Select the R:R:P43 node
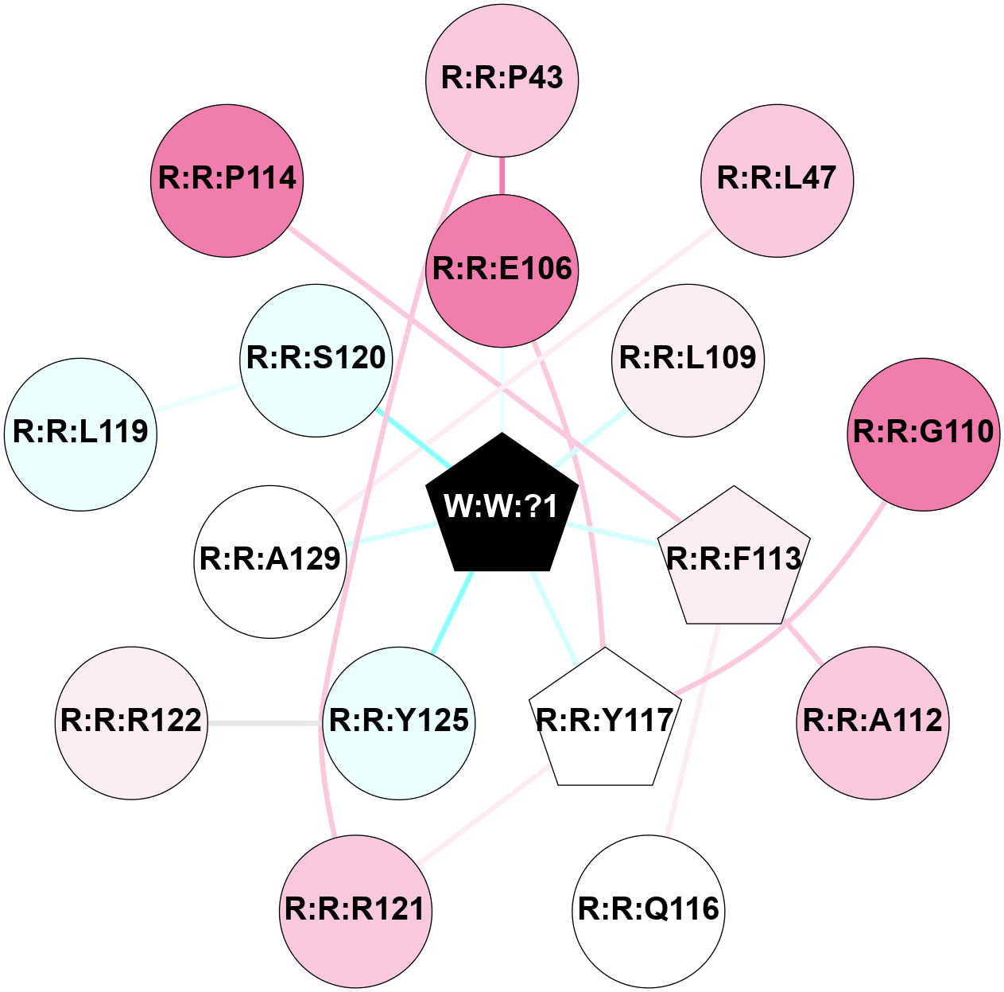point(502,80)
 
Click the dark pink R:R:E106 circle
point(502,270)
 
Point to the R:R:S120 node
point(316,360)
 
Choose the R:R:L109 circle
point(688,360)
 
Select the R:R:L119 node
point(81,434)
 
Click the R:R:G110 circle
point(924,434)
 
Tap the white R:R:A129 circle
point(270,561)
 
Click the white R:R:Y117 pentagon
point(605,721)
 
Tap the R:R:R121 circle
point(355,910)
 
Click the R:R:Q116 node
point(649,910)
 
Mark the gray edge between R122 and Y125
point(265,723)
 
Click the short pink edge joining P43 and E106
point(502,175)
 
